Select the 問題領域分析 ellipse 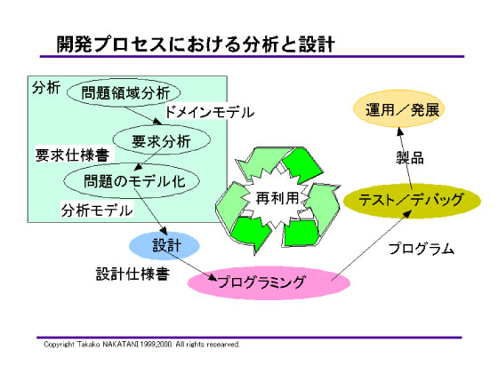click(124, 92)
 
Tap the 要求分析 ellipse click(161, 139)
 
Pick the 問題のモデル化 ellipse click(132, 181)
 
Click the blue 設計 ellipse click(165, 243)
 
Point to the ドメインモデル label click(210, 113)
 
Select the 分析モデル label click(96, 211)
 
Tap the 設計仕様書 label click(133, 274)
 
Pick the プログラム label click(420, 249)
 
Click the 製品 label click(410, 157)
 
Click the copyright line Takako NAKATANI click(142, 345)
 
